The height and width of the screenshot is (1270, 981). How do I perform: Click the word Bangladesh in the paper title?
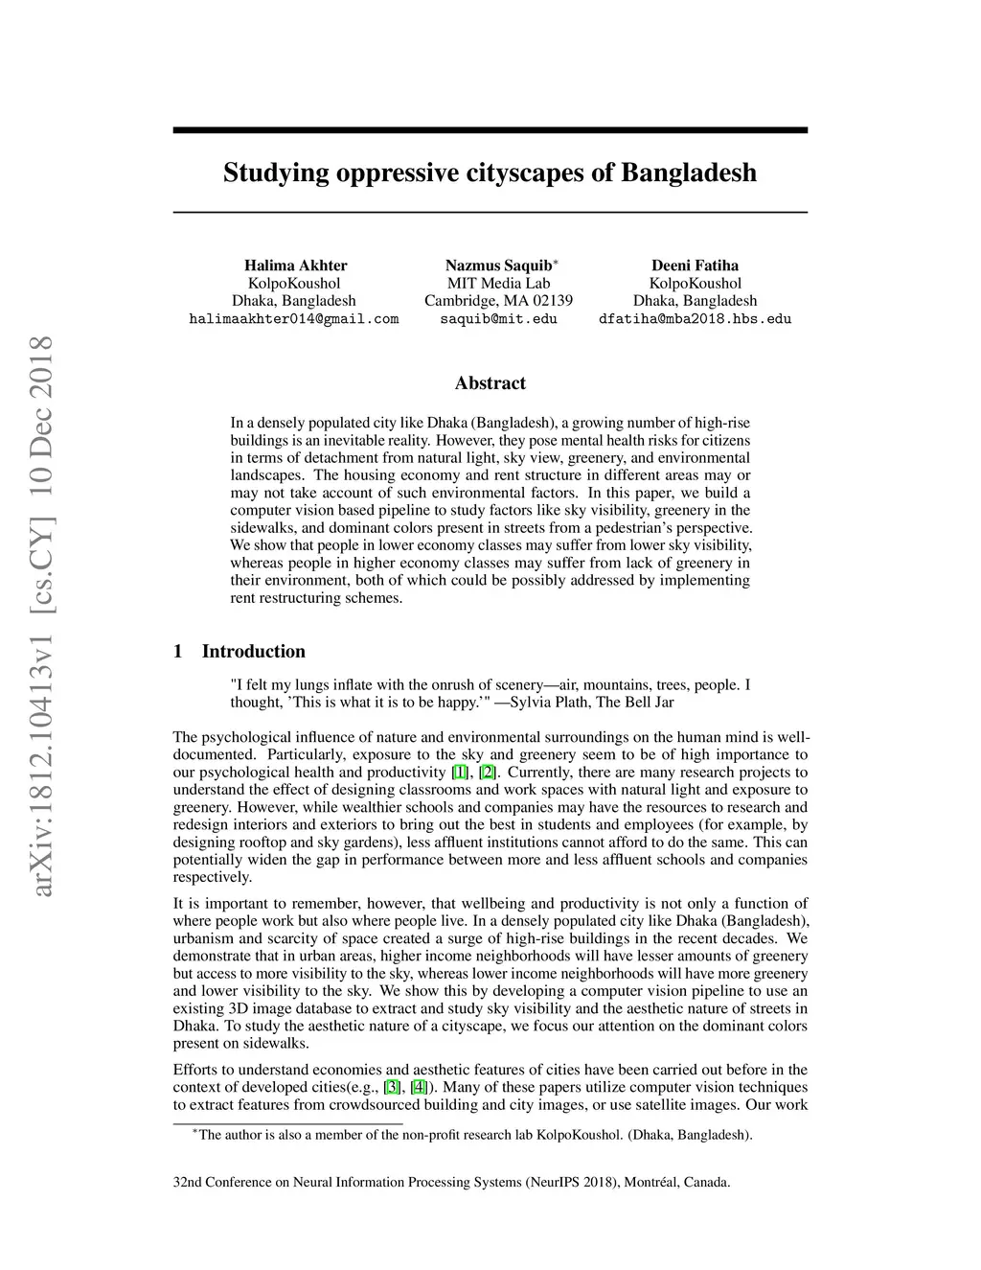(689, 173)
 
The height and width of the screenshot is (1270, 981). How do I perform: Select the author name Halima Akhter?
(295, 266)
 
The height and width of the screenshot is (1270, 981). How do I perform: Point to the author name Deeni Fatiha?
(695, 266)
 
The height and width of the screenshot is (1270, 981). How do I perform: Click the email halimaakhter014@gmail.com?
(294, 319)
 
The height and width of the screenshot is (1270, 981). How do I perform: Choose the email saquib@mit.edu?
(498, 319)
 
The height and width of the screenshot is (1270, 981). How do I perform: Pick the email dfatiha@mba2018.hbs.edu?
(695, 319)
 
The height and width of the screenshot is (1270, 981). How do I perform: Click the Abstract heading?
(490, 383)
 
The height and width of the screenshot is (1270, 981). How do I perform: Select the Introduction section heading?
(253, 652)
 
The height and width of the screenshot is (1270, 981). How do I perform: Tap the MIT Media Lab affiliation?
(498, 283)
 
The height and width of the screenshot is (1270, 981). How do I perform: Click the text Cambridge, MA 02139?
(498, 301)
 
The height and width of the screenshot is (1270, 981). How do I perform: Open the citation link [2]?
(488, 773)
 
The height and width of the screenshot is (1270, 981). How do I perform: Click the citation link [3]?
(392, 1087)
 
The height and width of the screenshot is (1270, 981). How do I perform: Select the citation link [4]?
(419, 1087)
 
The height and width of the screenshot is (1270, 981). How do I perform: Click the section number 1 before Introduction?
(178, 652)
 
